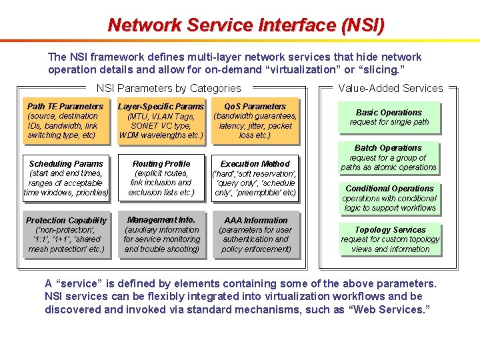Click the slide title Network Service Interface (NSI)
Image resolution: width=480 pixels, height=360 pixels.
coord(246,25)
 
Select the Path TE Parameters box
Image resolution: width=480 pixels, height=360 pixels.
coord(65,121)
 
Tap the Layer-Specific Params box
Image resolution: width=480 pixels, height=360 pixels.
coord(161,121)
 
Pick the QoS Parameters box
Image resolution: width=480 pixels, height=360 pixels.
coord(255,121)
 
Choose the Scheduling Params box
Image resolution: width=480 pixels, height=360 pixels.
coord(66,178)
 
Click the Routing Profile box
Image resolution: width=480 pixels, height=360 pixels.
coord(161,178)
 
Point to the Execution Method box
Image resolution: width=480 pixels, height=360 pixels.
coord(255,178)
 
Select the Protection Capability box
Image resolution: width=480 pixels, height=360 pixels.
coord(66,235)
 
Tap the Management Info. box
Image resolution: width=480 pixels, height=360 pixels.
coord(161,235)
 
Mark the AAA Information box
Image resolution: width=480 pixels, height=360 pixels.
coord(255,235)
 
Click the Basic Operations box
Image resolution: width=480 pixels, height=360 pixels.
coord(389,117)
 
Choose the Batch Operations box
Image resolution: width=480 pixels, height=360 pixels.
coord(389,157)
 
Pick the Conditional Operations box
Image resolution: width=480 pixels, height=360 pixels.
coord(389,198)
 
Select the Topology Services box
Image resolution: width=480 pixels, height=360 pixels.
coord(390,239)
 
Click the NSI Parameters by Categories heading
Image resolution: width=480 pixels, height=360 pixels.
coord(169,88)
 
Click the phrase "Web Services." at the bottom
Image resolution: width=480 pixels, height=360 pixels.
coord(392,309)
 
